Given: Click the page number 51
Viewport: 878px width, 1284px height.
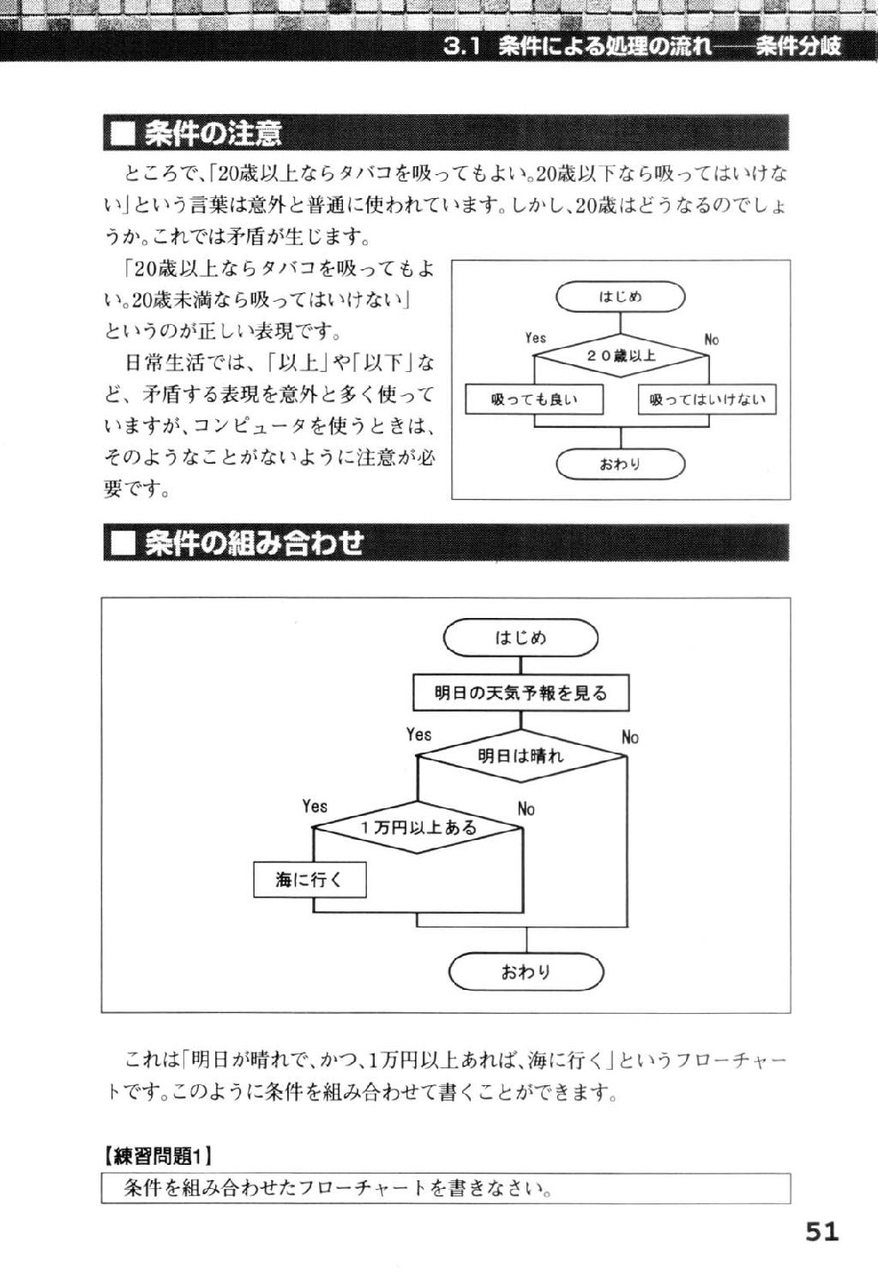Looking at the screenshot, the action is (x=821, y=1231).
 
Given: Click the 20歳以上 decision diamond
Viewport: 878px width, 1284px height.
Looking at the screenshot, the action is (x=621, y=356).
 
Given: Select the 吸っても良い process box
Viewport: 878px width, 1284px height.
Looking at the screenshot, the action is (x=534, y=399).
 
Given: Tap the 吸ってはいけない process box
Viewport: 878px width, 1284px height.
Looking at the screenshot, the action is (x=707, y=399).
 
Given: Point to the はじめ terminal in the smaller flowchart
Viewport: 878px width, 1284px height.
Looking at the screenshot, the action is (x=621, y=297).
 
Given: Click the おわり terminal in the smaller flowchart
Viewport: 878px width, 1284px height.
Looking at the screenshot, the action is (x=621, y=464).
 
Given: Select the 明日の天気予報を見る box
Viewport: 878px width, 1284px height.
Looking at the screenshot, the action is (x=520, y=693).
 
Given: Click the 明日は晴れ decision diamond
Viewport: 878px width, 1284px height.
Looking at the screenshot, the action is (x=521, y=756).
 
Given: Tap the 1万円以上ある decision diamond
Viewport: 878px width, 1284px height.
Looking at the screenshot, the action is (x=418, y=828).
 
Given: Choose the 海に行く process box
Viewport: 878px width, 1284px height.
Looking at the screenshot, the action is (x=310, y=880).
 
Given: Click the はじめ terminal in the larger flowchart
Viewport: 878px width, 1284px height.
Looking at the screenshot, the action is (x=520, y=638).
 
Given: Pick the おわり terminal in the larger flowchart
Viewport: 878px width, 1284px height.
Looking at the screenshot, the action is (x=526, y=972).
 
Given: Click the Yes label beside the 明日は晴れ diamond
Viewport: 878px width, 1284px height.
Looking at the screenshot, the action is (x=418, y=735).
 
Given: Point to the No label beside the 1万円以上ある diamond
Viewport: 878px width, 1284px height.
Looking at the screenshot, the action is (x=526, y=809).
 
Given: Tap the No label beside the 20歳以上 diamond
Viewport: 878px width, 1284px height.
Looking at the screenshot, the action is (x=711, y=340).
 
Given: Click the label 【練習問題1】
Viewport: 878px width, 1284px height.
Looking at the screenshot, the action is (x=157, y=1157).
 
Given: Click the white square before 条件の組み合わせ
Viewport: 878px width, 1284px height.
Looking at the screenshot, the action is (x=122, y=543).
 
